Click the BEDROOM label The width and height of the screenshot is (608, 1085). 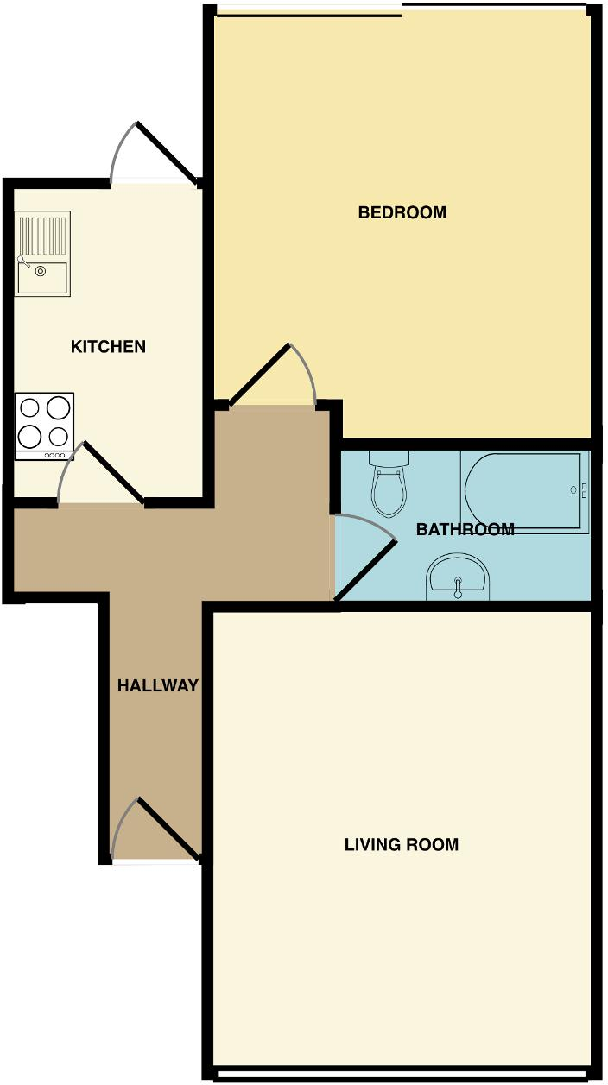(402, 212)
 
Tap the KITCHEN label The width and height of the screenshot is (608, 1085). (108, 347)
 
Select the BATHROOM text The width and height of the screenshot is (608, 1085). (465, 529)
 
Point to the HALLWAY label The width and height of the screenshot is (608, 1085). (158, 686)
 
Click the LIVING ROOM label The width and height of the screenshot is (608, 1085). (402, 844)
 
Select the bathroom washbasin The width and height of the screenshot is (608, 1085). (458, 577)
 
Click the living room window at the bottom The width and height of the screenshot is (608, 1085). (402, 1075)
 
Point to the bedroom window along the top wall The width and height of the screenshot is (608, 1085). (402, 9)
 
